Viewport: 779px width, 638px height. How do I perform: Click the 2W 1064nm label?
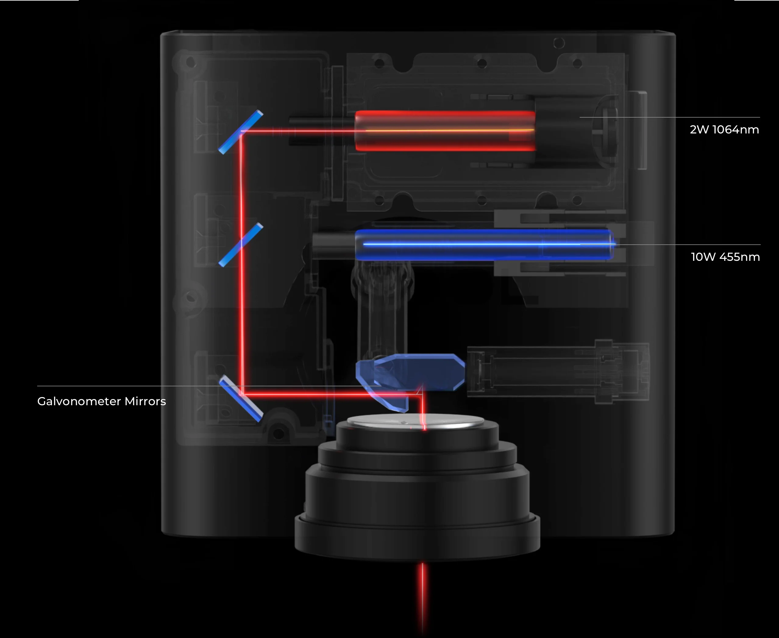(724, 130)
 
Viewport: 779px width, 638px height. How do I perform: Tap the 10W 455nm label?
(725, 257)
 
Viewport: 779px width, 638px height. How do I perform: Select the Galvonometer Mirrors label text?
(101, 401)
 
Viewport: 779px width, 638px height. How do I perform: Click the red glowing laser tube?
(445, 131)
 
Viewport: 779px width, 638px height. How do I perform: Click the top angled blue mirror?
(241, 132)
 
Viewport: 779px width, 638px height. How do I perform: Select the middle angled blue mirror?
(241, 245)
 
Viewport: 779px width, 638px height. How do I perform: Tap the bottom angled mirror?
(241, 399)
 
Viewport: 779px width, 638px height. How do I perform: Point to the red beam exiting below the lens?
(422, 595)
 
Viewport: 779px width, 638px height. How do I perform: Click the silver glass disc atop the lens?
(415, 422)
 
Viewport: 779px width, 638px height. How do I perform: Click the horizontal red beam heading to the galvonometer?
(331, 395)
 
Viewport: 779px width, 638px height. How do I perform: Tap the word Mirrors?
(145, 401)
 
